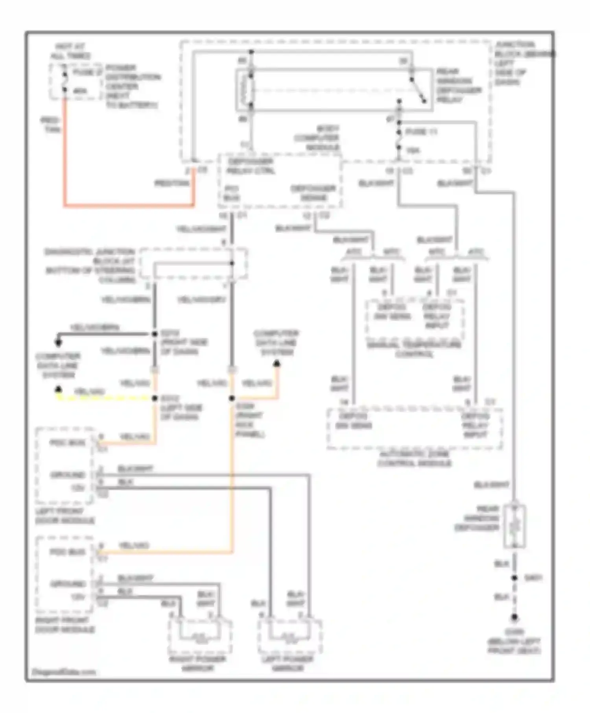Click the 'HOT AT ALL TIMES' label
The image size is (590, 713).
coord(70,51)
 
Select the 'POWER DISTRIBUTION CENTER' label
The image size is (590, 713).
coord(132,77)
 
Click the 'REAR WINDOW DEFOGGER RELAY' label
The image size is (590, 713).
coord(458,86)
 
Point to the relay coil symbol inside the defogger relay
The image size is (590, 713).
coord(248,90)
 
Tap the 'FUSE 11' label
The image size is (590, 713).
coord(421,132)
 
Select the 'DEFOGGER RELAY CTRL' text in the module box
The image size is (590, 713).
coord(250,166)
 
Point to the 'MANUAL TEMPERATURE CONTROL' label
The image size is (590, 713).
coord(414,349)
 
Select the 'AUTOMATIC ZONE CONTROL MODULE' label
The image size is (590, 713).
coord(415,459)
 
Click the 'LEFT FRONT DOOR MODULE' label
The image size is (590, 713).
coord(65,516)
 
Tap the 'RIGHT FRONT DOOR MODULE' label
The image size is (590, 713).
coord(65,625)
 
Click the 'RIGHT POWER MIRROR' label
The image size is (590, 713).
coord(197,663)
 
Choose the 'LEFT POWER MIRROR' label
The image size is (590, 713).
coord(288,663)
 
